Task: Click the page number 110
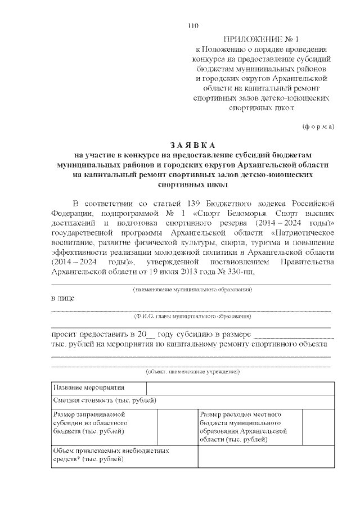(192, 26)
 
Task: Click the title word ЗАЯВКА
(192, 145)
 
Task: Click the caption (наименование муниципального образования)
(192, 289)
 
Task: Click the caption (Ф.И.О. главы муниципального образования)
(192, 316)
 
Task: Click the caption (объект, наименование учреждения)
(192, 371)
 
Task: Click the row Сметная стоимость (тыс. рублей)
(105, 400)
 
